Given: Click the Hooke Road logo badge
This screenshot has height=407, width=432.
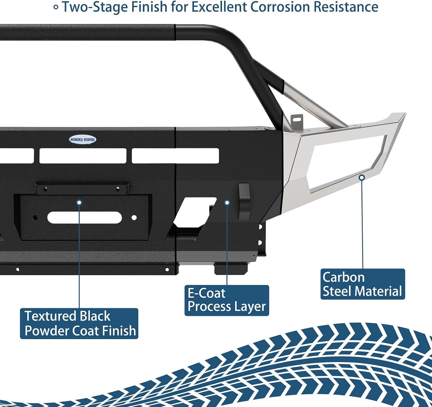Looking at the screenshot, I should (83, 140).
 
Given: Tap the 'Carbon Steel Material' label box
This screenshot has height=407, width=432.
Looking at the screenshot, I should (363, 284).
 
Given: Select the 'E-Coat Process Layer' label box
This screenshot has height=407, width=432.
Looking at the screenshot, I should (227, 300).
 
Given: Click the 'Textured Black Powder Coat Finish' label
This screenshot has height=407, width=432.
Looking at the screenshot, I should (79, 323).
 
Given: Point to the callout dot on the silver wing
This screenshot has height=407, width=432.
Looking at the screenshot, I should (362, 178).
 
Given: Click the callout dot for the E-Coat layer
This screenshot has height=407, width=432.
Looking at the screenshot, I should (227, 203).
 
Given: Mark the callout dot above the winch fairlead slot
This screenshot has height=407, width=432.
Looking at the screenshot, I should (79, 202).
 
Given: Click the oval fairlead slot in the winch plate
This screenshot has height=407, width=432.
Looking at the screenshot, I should (84, 217).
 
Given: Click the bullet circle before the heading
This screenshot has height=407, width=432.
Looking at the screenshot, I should (56, 7).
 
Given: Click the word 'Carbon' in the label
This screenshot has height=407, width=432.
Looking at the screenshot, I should (344, 277).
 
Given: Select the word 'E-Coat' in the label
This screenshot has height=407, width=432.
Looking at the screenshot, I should (206, 293).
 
